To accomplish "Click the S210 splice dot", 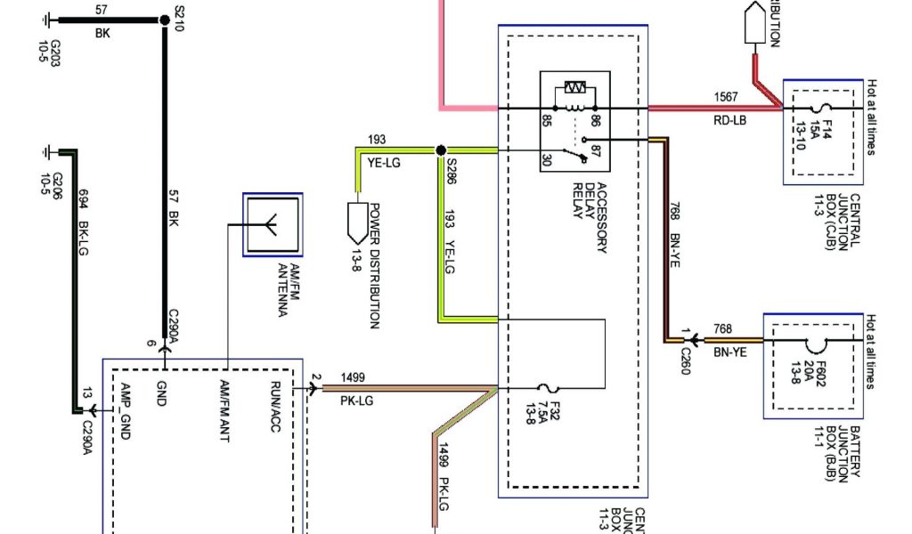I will [x=164, y=20].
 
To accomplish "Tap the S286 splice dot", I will [x=440, y=150].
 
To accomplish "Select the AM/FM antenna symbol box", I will [x=273, y=226].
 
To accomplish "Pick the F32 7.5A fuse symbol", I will [x=546, y=388].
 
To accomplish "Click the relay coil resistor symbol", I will [x=572, y=90].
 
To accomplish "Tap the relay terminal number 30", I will [x=546, y=159].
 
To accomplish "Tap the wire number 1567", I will [x=727, y=96].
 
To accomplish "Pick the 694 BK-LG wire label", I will [x=85, y=231].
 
